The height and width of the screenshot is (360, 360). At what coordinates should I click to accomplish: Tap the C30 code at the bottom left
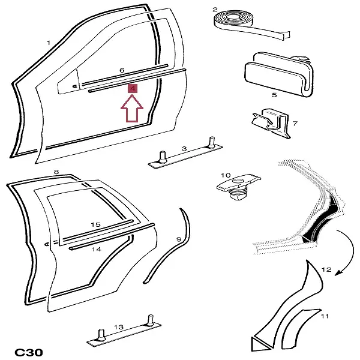28,352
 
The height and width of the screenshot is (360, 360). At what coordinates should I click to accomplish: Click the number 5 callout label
274,95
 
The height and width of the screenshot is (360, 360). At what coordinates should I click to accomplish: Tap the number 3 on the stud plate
184,148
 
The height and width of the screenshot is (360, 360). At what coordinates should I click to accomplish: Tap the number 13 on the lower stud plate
118,327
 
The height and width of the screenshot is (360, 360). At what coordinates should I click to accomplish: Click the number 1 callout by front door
49,43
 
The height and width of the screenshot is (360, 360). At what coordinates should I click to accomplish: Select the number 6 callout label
122,71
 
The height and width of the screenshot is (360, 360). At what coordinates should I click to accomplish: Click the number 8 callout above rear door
56,172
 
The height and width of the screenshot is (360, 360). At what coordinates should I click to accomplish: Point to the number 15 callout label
95,224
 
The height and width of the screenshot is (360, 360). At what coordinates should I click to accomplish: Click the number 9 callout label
178,239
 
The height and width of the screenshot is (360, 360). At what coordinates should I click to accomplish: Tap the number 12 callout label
326,270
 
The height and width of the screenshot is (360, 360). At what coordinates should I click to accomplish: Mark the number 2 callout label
215,10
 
